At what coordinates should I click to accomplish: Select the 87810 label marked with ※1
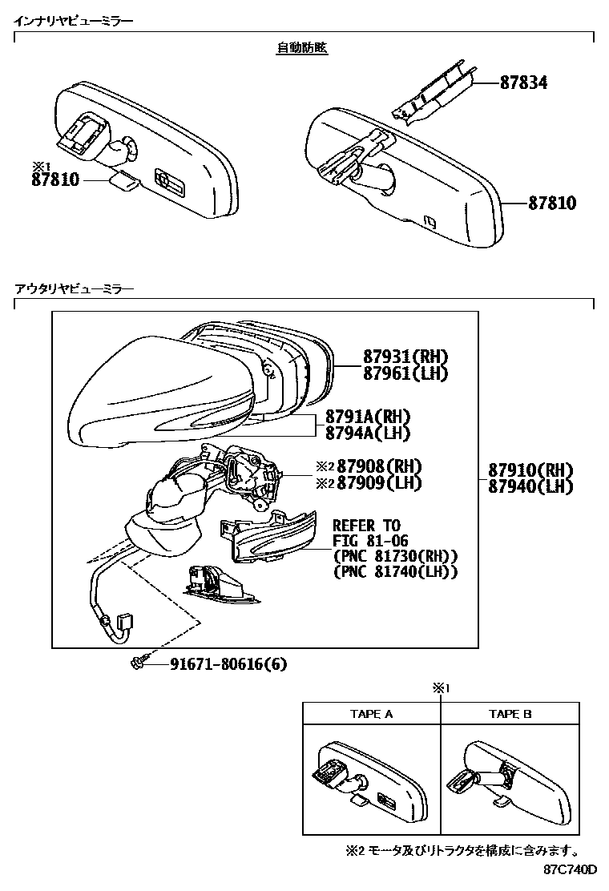pos(55,179)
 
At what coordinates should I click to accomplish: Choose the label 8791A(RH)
pos(368,417)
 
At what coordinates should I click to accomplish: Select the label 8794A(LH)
pos(368,433)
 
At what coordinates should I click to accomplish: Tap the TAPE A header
pos(371,713)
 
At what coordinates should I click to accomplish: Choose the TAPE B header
pos(510,713)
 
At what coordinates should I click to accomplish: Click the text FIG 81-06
pos(371,540)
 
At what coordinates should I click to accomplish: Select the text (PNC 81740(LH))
pos(394,572)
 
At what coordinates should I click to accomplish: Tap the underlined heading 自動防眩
pos(302,48)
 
